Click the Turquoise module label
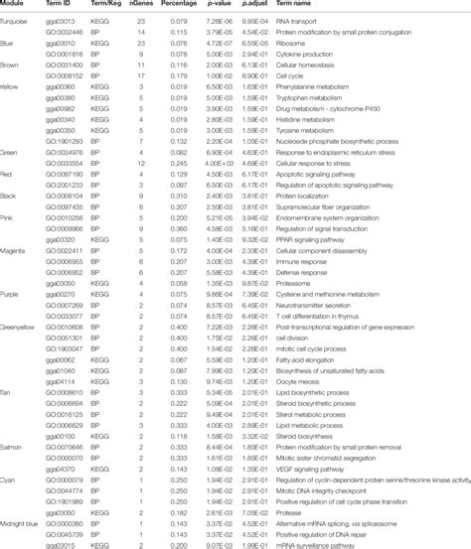pos(19,20)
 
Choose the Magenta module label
pos(19,251)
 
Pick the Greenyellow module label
pos(23,326)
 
